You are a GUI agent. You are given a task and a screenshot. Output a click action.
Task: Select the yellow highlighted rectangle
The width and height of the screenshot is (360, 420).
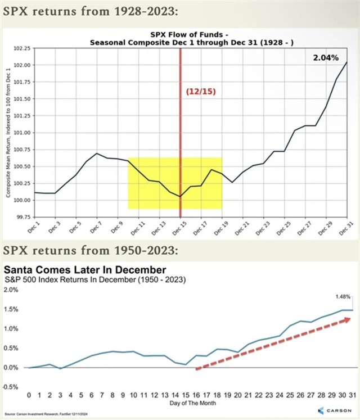coord(175,183)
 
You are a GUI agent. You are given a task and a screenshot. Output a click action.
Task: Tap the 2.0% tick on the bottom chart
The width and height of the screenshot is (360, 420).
coord(12,290)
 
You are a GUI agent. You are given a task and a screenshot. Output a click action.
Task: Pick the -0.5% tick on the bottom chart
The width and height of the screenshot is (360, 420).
coord(12,387)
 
